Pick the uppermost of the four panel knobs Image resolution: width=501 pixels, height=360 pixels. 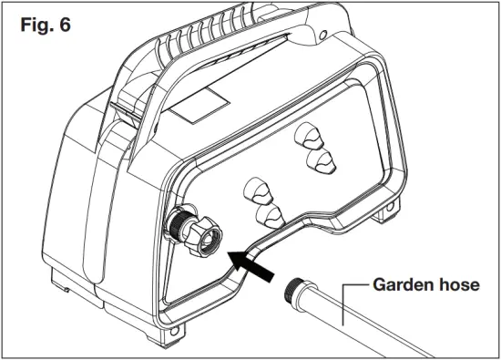point(310,136)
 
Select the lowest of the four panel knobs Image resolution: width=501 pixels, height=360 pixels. point(266,217)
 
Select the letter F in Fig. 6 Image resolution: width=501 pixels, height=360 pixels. point(25,25)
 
